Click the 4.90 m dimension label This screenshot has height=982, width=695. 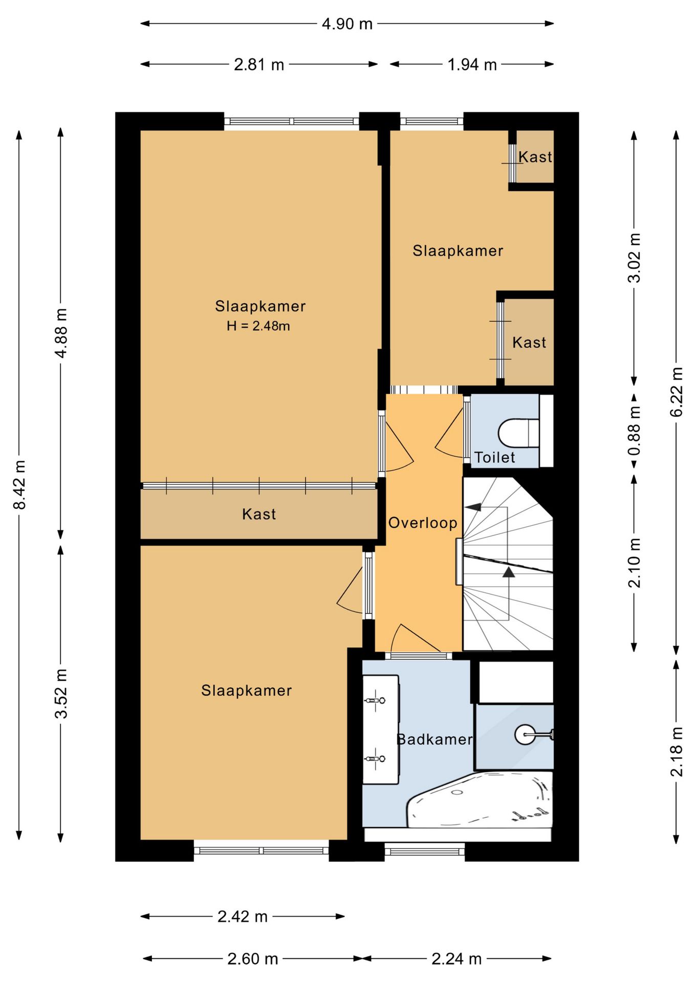[x=347, y=24]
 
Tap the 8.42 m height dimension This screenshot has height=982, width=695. [x=19, y=484]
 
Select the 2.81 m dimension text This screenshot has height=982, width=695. [x=259, y=64]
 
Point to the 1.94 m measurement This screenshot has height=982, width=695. [x=472, y=64]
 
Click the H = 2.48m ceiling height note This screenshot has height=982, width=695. [x=258, y=326]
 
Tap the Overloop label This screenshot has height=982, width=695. [x=423, y=523]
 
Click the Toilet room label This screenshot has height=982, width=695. [x=494, y=457]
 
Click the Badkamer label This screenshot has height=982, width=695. [x=435, y=739]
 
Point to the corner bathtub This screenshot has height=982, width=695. [x=480, y=799]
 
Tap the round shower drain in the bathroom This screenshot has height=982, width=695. [x=525, y=735]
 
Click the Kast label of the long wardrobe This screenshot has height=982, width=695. [x=259, y=514]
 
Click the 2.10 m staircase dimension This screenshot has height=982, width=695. [x=634, y=563]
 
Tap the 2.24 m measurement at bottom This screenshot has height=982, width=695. [x=457, y=959]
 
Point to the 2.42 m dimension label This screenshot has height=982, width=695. [x=243, y=917]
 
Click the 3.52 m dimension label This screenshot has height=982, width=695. [x=61, y=694]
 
